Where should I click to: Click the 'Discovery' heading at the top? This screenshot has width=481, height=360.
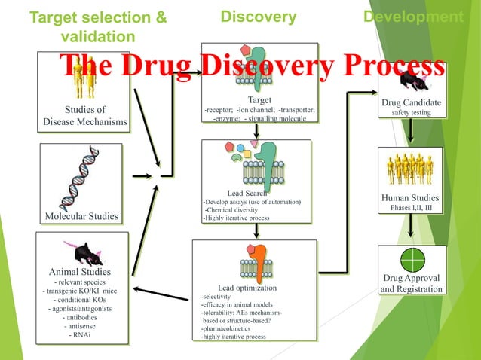pyautogui.click(x=259, y=17)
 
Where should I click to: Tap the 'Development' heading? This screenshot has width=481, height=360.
pyautogui.click(x=413, y=17)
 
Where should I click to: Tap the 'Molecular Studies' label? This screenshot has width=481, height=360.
pyautogui.click(x=82, y=216)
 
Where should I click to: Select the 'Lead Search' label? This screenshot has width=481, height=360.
pyautogui.click(x=253, y=192)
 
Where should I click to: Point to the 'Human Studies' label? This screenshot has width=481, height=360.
pyautogui.click(x=411, y=198)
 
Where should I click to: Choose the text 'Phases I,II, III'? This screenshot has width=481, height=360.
pyautogui.click(x=411, y=209)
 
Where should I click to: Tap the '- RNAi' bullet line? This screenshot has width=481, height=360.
pyautogui.click(x=81, y=335)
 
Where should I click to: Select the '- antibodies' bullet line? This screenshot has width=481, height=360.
pyautogui.click(x=82, y=317)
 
